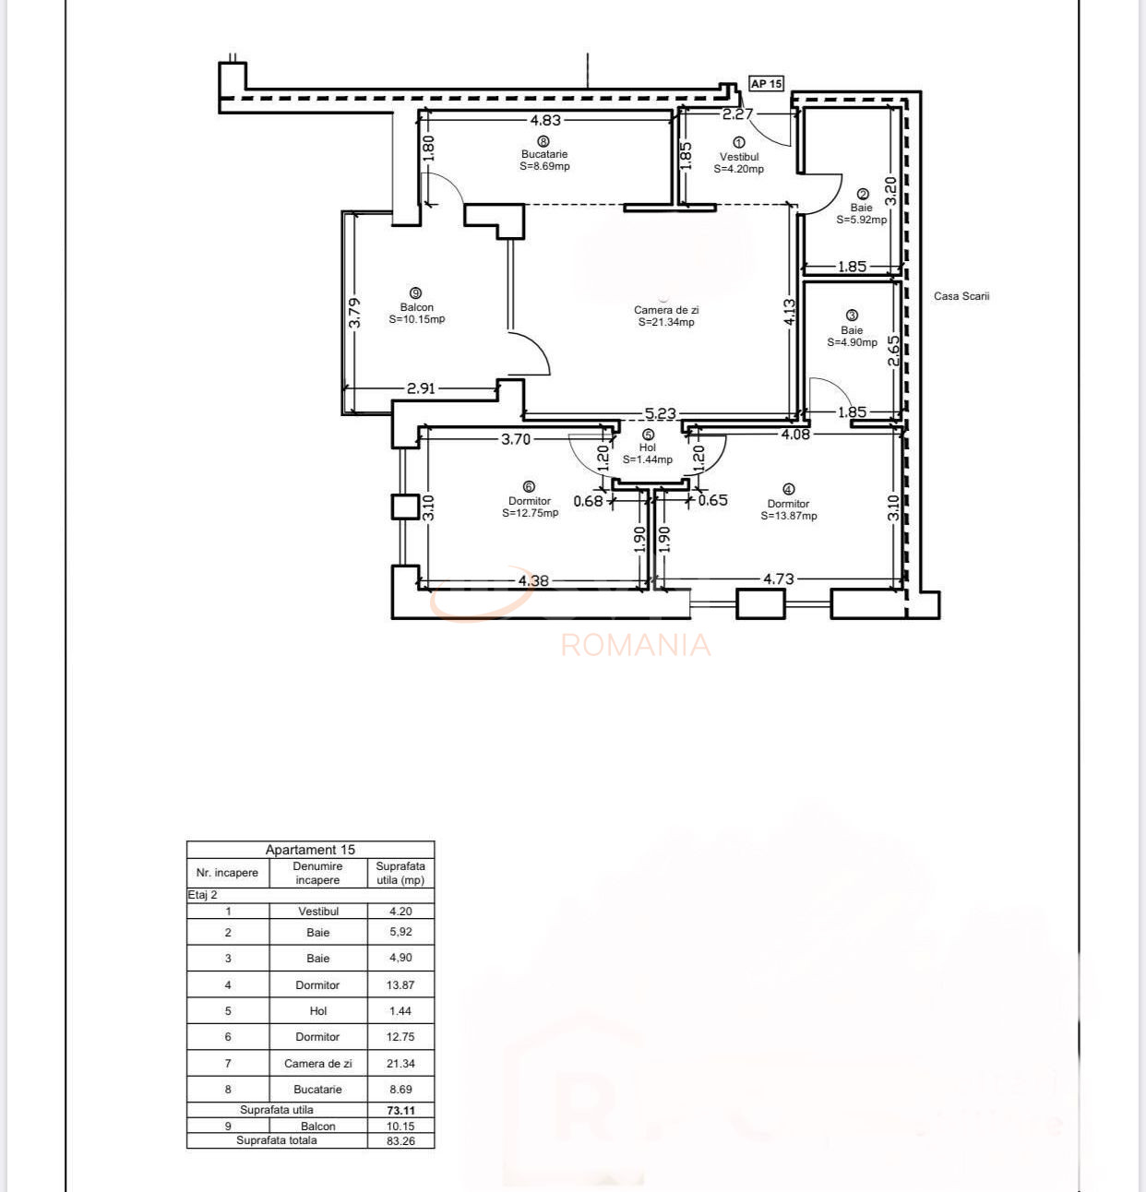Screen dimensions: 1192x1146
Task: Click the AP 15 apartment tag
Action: (x=766, y=84)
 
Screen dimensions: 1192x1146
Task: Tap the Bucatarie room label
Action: (x=544, y=155)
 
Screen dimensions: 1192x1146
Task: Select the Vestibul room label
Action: (x=739, y=157)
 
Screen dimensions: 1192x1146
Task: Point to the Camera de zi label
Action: (x=666, y=310)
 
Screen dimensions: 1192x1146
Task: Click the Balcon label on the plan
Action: (x=417, y=307)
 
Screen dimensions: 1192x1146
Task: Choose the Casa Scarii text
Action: (x=961, y=296)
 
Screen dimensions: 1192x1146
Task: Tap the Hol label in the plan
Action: (x=648, y=447)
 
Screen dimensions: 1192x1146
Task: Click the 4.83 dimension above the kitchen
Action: (x=545, y=120)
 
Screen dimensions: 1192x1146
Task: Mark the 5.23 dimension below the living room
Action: (x=661, y=414)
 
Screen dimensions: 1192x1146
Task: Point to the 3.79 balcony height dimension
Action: (x=355, y=312)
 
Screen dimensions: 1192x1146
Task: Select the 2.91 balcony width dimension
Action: (x=421, y=388)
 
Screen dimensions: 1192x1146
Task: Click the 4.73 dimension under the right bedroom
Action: (x=778, y=579)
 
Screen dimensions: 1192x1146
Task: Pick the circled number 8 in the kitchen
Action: (x=543, y=141)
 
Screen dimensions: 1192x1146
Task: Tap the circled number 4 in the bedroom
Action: (x=788, y=490)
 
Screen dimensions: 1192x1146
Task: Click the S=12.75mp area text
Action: (x=531, y=513)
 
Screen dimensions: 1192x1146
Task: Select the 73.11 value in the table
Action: (x=401, y=1111)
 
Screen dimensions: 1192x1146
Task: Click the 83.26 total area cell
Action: (x=401, y=1141)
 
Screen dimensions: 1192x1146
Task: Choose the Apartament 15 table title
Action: (x=310, y=850)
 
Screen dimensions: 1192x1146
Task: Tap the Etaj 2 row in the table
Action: (x=203, y=895)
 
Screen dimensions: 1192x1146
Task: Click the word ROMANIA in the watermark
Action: (x=636, y=645)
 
